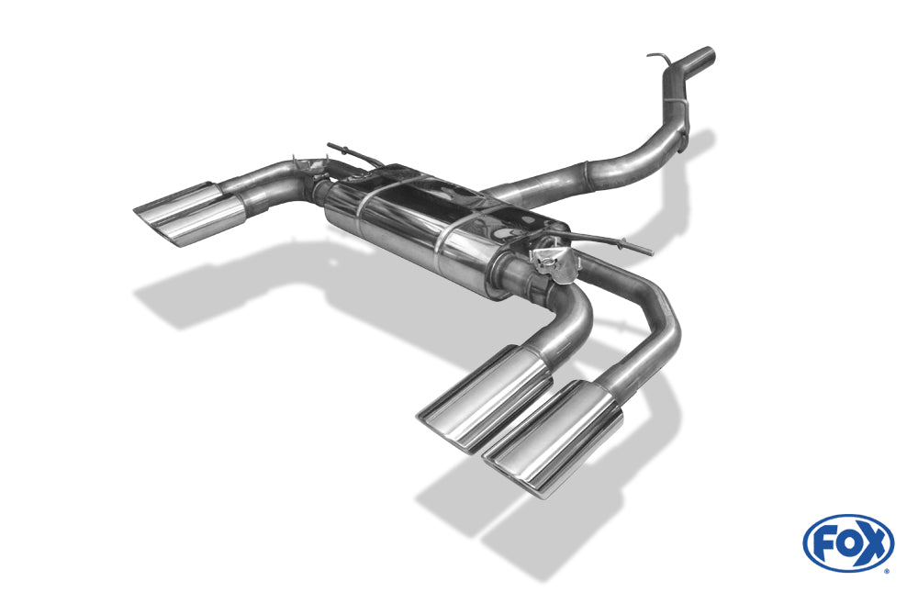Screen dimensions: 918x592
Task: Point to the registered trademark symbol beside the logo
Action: click(x=887, y=571)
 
